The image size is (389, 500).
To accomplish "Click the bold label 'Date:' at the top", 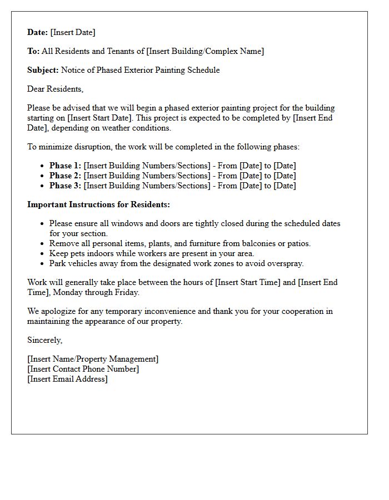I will coord(38,32).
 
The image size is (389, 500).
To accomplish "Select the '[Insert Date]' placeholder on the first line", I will coord(73,32).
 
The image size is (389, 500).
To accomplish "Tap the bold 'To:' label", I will coord(33,51).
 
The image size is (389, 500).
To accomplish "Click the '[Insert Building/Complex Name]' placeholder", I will coord(205,51).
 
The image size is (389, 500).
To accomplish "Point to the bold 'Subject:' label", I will coord(43,70).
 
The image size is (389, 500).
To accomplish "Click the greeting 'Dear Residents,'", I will coord(55,89).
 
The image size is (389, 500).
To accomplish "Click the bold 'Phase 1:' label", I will coord(65,166).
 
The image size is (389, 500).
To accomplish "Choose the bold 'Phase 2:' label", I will coord(65,176).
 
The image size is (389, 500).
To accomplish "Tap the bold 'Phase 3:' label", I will coord(65,186).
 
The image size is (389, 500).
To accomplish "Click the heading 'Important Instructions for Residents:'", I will coord(98,204).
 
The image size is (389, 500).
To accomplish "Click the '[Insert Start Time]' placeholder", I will coord(248,282).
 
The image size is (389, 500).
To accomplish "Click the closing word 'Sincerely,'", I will coord(45,340).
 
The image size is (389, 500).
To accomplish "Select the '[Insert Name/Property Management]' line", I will coord(93,359).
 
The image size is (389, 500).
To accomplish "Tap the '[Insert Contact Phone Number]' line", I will coord(83,369).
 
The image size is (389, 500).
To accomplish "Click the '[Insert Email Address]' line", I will coord(67,379).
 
